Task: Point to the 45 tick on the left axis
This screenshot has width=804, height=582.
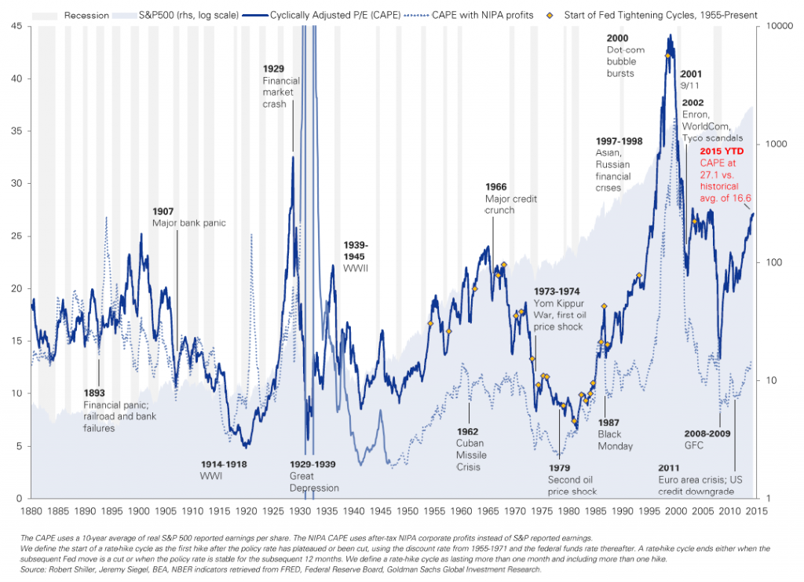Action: click(x=15, y=26)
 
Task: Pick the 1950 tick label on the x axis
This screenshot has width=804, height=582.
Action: click(x=408, y=511)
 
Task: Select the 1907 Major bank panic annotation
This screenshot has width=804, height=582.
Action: click(x=188, y=218)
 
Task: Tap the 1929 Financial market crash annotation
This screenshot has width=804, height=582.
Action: click(x=280, y=86)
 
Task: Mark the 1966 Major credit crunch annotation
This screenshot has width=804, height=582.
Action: click(x=510, y=198)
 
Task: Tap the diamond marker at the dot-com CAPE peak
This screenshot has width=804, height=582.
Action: click(x=668, y=55)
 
